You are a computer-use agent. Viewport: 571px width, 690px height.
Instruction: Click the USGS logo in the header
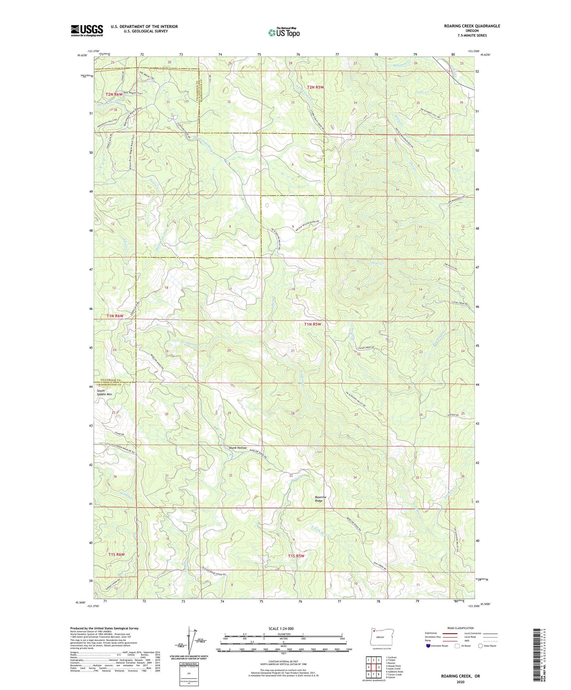(87, 30)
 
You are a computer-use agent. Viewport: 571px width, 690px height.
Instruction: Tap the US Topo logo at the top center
(284, 32)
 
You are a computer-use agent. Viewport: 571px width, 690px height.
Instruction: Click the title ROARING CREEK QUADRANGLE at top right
(472, 26)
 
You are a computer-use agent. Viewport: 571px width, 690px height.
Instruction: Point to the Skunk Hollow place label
(237, 448)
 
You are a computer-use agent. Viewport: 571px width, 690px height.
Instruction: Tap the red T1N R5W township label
(312, 324)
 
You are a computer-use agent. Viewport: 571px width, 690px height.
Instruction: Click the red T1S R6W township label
(116, 554)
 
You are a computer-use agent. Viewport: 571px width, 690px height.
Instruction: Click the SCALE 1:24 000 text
(281, 628)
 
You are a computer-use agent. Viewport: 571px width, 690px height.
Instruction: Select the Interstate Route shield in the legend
(429, 646)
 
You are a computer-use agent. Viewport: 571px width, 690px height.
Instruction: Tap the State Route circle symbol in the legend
(481, 646)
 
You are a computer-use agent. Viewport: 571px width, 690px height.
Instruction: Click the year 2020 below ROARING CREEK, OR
(460, 682)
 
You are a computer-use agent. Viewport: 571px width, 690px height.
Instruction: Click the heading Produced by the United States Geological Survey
(104, 628)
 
